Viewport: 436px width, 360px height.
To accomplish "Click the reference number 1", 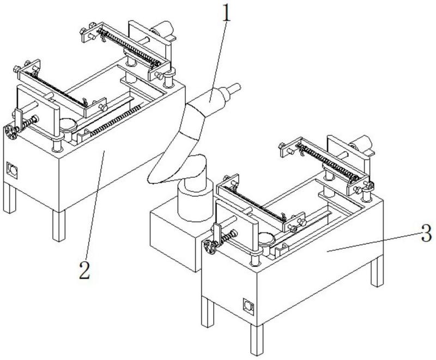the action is [x=226, y=14].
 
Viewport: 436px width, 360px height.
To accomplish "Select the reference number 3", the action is [x=427, y=236].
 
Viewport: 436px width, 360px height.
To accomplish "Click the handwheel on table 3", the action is [x=209, y=246].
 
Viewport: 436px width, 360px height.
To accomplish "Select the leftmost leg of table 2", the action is [x=8, y=199].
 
